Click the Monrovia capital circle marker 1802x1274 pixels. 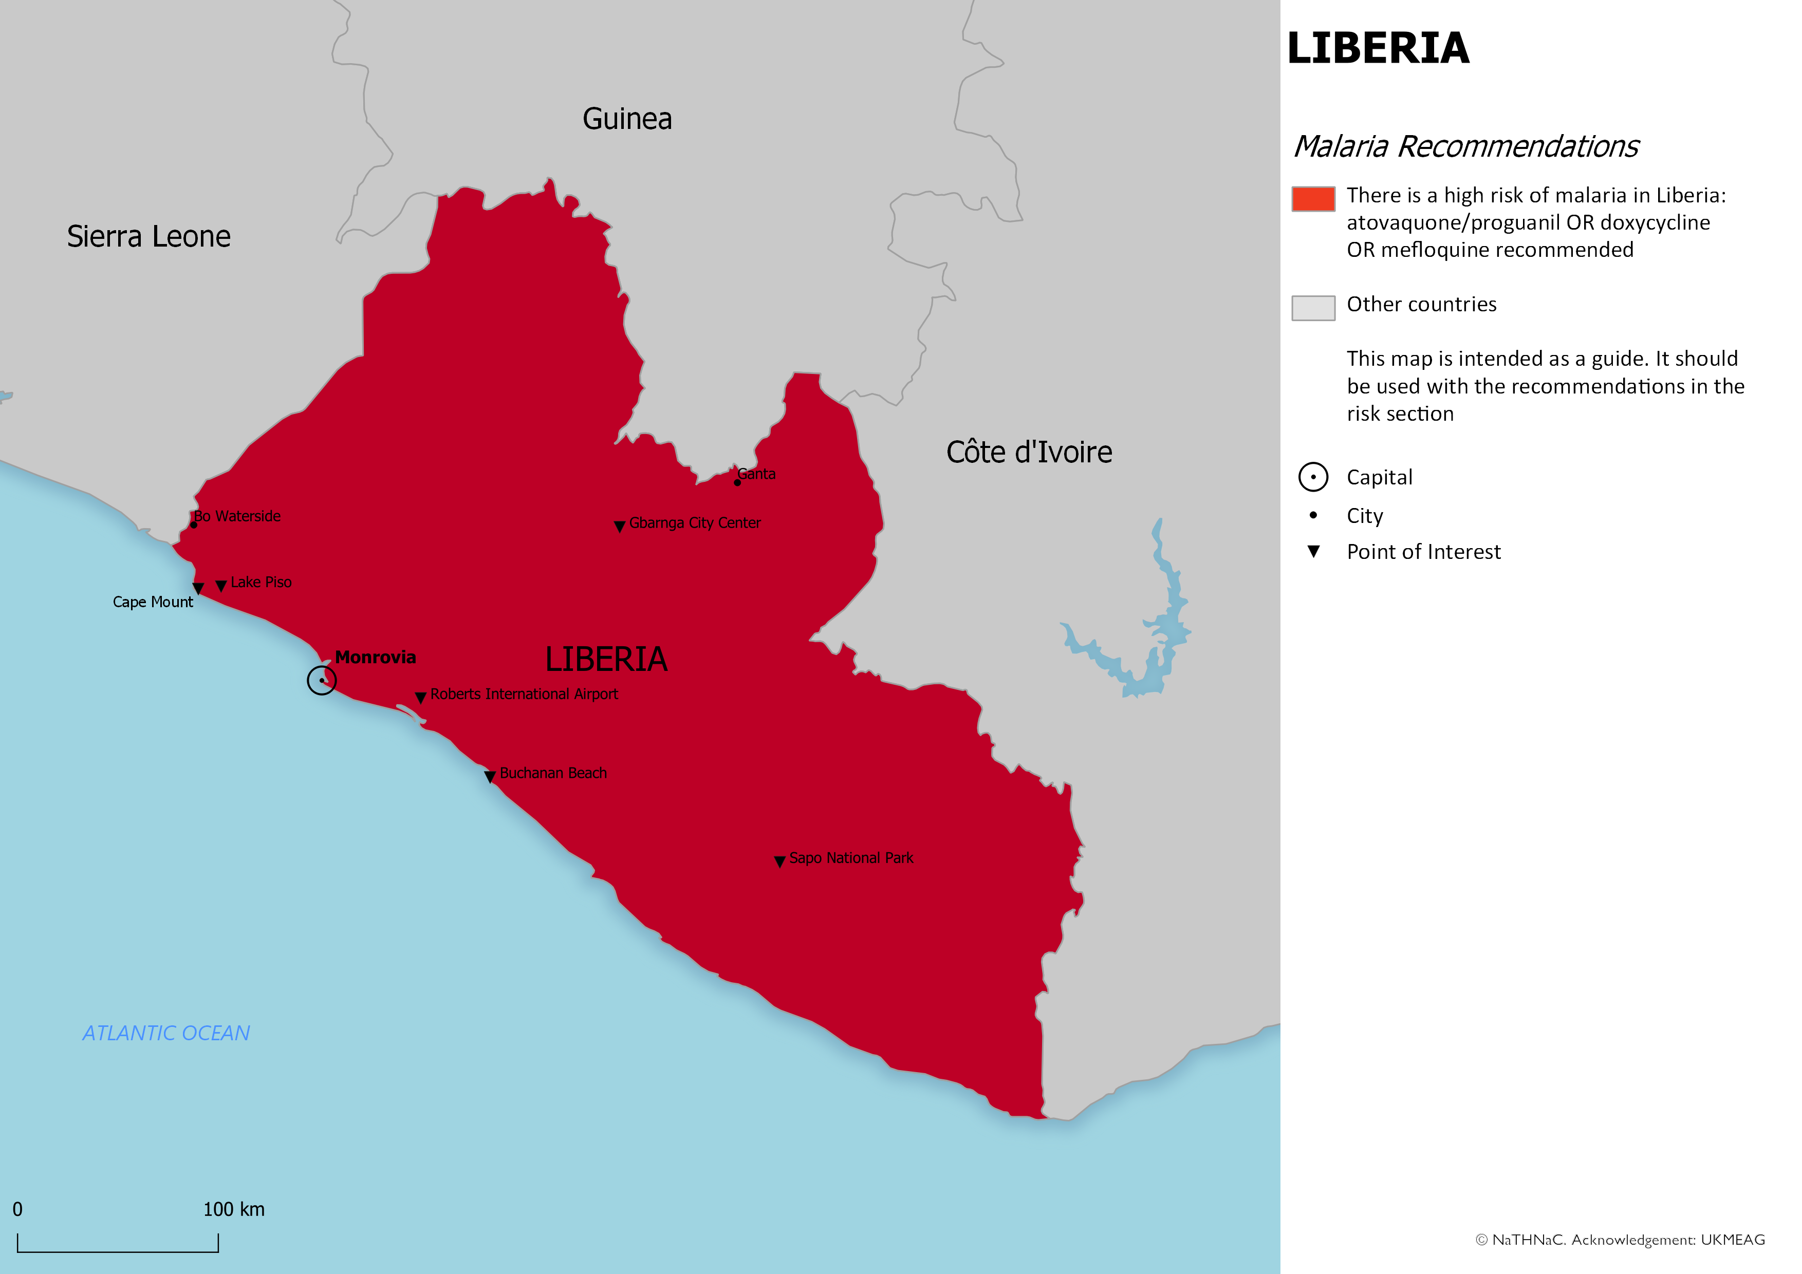click(322, 680)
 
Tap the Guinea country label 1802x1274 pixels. click(626, 119)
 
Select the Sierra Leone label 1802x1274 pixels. click(148, 236)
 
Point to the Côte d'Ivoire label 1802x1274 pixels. click(1028, 452)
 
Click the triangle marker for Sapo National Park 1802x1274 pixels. click(779, 861)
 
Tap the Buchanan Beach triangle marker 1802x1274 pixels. click(490, 777)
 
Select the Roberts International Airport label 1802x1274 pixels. click(524, 694)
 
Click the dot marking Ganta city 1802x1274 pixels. click(737, 482)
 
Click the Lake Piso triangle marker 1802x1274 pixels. click(221, 585)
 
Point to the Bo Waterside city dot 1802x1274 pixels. click(194, 525)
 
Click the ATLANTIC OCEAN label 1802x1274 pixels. click(166, 1033)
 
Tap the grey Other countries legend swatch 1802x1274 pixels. click(1313, 308)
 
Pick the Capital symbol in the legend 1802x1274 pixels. click(1313, 477)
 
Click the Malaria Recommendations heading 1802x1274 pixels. click(1465, 147)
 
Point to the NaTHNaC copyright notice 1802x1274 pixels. click(1620, 1240)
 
